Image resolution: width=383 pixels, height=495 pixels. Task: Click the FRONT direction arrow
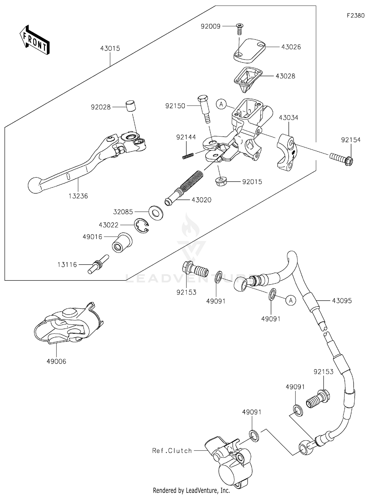34,40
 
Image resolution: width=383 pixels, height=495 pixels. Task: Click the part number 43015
110,49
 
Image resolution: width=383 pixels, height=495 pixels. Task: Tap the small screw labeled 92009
240,29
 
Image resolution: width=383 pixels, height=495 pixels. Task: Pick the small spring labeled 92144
188,155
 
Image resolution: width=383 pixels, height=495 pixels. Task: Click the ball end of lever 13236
35,185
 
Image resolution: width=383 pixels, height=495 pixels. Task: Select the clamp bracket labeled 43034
286,152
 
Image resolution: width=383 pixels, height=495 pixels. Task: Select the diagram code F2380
355,16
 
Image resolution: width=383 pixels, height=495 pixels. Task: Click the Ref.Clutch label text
172,451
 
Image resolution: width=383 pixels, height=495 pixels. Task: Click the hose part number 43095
342,301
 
